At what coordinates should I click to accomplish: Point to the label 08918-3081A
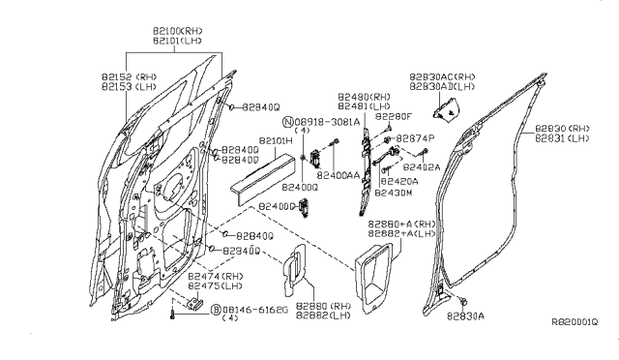(328, 122)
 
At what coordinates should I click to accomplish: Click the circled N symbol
(288, 123)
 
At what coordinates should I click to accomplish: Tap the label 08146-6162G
(258, 309)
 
